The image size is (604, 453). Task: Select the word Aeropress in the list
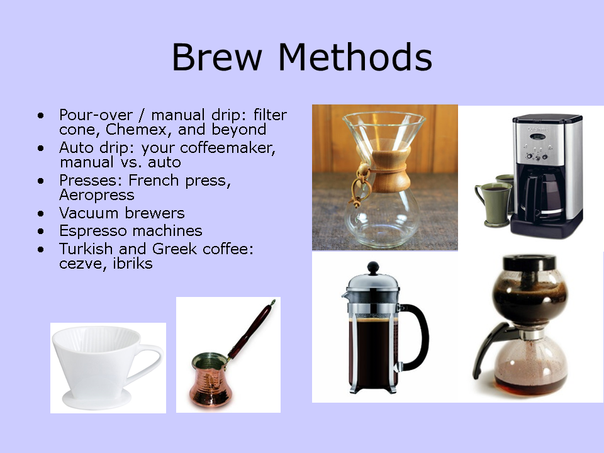(97, 195)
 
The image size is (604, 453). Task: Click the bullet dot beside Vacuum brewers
(42, 214)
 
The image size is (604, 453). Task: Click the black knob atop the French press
(374, 267)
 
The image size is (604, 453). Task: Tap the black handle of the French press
(418, 337)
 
